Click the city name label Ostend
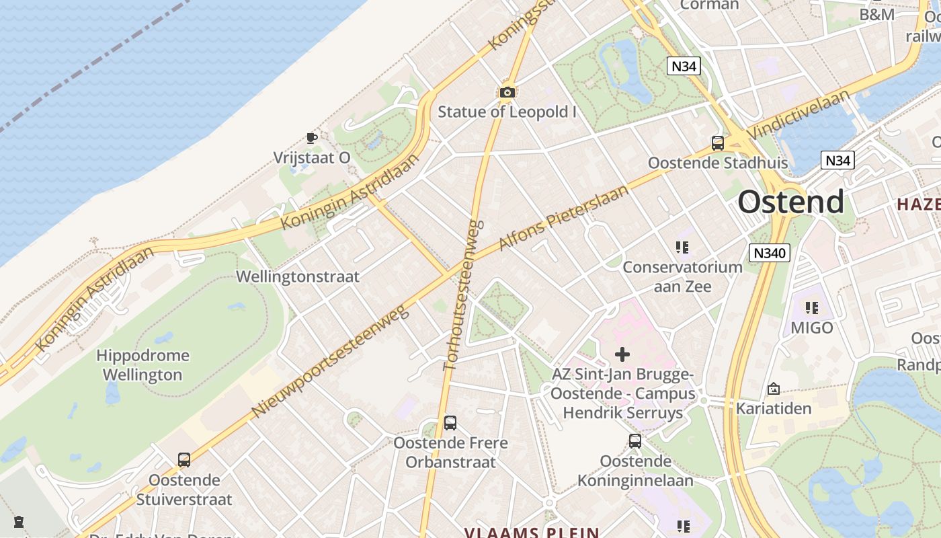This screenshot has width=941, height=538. tap(790, 202)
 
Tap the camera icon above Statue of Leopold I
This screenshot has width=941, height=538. tap(507, 92)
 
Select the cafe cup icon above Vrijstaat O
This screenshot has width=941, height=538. tap(311, 138)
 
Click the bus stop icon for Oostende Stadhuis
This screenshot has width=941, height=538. tap(718, 143)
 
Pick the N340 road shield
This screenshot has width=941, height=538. tap(770, 253)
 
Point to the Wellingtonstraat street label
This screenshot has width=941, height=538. tap(298, 276)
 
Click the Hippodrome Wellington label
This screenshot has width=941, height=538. tap(142, 364)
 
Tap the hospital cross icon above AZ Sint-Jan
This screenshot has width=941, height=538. tap(622, 354)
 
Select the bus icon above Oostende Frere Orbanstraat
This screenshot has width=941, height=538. tap(450, 423)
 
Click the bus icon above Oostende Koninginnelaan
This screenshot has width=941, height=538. tap(635, 441)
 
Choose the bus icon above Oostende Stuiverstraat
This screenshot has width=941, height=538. tap(184, 460)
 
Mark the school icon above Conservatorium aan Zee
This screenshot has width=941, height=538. tap(683, 247)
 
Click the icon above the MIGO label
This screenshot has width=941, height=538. tap(812, 308)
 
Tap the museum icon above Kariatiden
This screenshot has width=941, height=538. tap(774, 389)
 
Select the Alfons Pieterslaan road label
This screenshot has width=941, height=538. tap(564, 217)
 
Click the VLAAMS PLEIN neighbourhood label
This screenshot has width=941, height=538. tap(531, 533)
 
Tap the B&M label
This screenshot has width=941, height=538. tap(876, 14)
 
